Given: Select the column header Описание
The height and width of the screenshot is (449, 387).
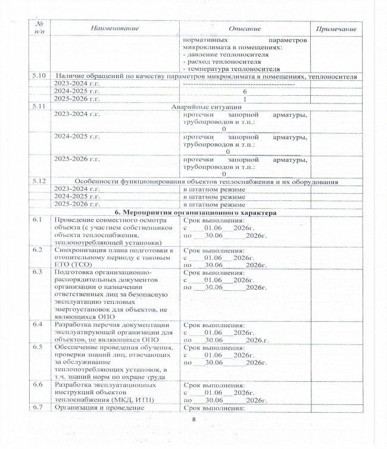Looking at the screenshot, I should (245, 29).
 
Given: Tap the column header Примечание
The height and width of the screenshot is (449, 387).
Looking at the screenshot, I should (340, 29).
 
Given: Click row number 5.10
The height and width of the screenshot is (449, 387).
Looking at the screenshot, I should (38, 77).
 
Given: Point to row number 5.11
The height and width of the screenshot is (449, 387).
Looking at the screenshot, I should (38, 106).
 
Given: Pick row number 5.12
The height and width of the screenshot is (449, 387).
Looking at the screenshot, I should (38, 181).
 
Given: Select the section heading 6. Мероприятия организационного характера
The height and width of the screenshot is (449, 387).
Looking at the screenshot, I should (196, 212).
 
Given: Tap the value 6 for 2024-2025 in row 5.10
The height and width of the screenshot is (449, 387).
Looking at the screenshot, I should (245, 92).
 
